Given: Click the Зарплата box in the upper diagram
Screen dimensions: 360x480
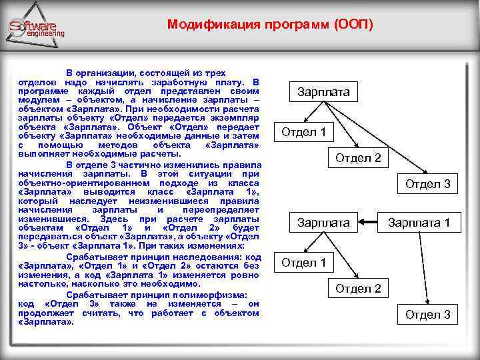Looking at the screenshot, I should pos(323,91).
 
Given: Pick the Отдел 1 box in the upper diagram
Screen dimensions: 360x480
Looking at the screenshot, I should pos(303,131).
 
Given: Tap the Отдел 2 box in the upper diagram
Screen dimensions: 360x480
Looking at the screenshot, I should pos(358,158).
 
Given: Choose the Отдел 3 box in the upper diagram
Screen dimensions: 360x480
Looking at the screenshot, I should pos(428,183).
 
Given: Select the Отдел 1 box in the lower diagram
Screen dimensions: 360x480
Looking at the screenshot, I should pos(303,262).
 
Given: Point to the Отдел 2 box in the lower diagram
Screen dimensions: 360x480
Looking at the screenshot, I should pos(358,288).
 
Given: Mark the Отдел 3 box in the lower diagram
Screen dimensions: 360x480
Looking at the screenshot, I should pos(428,314).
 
